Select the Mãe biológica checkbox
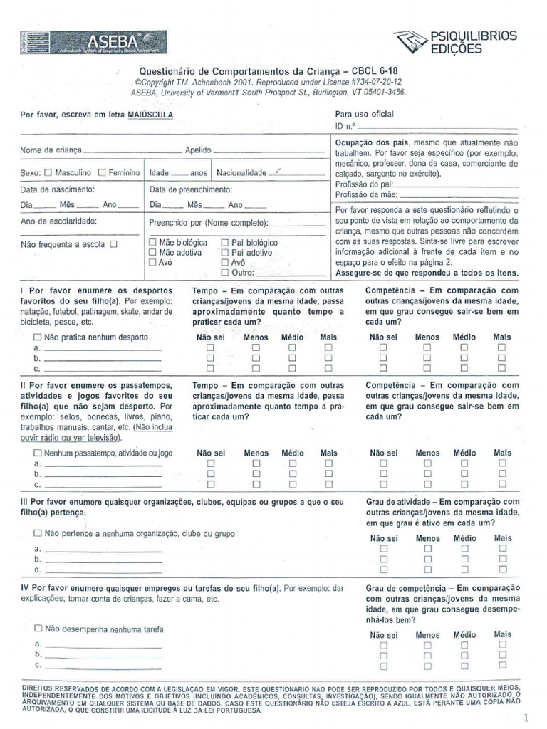pos(152,243)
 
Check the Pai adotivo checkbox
pos(225,252)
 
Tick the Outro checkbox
pos(225,272)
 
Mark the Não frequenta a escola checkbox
pos(113,244)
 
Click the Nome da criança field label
pos(51,151)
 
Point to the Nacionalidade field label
pos(241,173)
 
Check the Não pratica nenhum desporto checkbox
pos(37,337)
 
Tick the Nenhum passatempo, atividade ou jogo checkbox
pos(37,452)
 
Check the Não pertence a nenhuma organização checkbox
pos(37,533)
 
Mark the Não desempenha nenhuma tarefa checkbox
pos(37,629)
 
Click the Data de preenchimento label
pos(191,190)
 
